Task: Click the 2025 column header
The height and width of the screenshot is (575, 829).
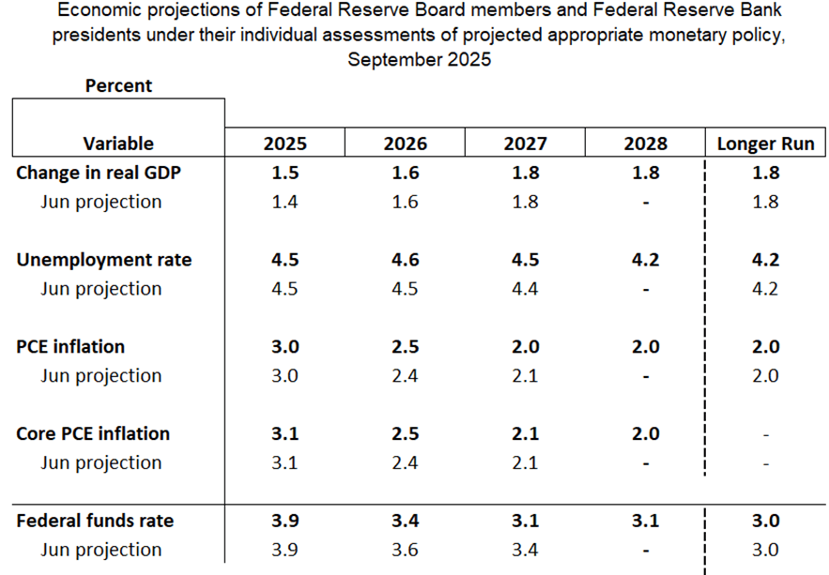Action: pyautogui.click(x=284, y=144)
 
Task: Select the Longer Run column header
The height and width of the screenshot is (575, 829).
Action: pyautogui.click(x=766, y=144)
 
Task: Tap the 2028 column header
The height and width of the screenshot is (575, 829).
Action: pyautogui.click(x=645, y=144)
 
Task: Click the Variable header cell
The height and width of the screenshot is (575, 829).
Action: pyautogui.click(x=118, y=144)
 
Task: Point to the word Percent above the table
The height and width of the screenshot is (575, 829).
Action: pyautogui.click(x=118, y=85)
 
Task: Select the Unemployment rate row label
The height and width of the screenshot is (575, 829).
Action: pyautogui.click(x=104, y=260)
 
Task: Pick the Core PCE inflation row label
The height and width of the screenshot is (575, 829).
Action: pyautogui.click(x=93, y=433)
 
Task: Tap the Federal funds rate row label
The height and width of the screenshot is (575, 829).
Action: pyautogui.click(x=95, y=521)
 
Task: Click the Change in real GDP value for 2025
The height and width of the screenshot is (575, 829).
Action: pyautogui.click(x=284, y=173)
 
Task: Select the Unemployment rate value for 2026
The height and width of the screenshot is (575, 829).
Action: pyautogui.click(x=405, y=260)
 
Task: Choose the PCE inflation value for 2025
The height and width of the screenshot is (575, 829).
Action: pyautogui.click(x=284, y=346)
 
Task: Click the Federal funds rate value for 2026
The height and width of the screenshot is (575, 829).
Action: pyautogui.click(x=405, y=521)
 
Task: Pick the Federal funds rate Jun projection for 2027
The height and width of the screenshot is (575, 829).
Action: pyautogui.click(x=525, y=550)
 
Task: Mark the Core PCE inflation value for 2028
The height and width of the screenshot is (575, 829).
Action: pyautogui.click(x=645, y=433)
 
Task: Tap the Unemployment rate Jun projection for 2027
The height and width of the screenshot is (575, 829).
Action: pyautogui.click(x=525, y=289)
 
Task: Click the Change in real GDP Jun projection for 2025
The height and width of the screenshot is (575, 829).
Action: pyautogui.click(x=284, y=202)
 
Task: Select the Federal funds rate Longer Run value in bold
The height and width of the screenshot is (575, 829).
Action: pyautogui.click(x=766, y=521)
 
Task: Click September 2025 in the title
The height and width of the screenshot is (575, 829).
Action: pyautogui.click(x=419, y=59)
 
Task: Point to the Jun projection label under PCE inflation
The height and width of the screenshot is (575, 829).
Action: pyautogui.click(x=101, y=375)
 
